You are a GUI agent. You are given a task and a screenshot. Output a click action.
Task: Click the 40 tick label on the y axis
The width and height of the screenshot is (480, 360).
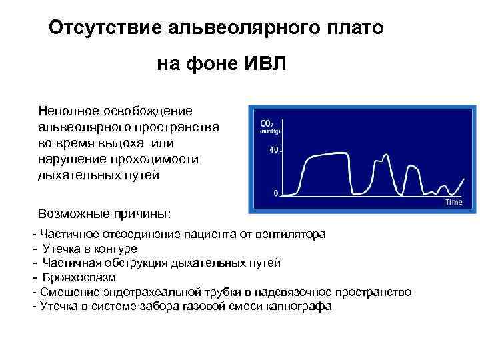coord(274,151)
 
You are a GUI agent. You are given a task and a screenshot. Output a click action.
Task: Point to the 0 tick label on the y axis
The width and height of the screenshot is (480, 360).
coord(276,193)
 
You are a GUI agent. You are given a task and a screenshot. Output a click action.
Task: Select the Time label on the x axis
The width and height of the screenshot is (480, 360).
coord(454,202)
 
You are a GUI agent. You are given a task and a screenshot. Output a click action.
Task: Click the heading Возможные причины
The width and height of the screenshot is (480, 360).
coord(105,215)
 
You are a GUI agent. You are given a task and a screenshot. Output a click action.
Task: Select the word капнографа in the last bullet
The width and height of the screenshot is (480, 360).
coord(299,307)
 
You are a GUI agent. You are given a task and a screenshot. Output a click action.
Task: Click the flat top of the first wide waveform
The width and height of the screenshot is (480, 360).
coord(323,155)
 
